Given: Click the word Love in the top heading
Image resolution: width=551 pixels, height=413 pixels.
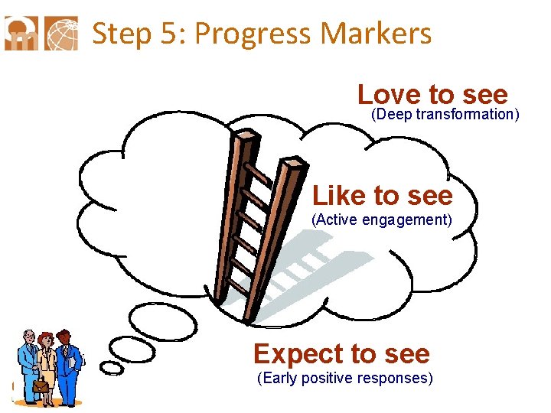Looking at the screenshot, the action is pos(389,95).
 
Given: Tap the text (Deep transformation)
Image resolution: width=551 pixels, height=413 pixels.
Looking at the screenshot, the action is pos(445,115).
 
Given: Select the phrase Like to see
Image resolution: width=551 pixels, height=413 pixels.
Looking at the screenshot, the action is pos(382,196).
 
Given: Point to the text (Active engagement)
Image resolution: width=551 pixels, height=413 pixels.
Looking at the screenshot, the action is pos(382,221).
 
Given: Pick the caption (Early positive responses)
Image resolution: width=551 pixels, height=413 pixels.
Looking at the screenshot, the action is pos(345,379).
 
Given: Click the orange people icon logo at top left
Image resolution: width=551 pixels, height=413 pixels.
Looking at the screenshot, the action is pos(21,33).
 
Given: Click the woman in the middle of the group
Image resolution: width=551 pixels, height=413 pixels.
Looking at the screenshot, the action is pos(47,363).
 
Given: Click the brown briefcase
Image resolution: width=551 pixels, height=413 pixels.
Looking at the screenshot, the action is pos(40,387).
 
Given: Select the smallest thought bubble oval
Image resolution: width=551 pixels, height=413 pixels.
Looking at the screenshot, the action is pos(112,369).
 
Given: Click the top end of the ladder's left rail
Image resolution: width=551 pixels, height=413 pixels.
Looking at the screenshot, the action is pos(244,136).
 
